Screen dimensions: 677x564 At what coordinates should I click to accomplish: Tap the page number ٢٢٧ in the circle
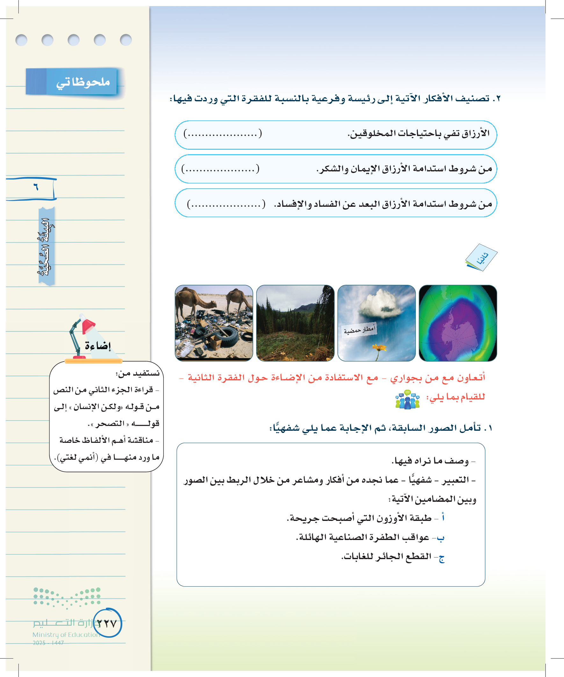pyautogui.click(x=107, y=623)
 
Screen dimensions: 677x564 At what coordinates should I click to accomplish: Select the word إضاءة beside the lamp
pyautogui.click(x=98, y=346)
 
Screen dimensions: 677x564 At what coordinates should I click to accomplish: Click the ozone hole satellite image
pyautogui.click(x=458, y=323)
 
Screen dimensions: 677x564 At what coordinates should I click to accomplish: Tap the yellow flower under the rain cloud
pyautogui.click(x=379, y=348)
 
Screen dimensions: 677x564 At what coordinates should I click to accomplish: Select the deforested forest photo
pyautogui.click(x=295, y=323)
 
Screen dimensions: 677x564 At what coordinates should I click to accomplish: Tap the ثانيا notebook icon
pyautogui.click(x=481, y=258)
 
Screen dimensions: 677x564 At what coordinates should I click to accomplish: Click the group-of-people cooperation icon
pyautogui.click(x=408, y=400)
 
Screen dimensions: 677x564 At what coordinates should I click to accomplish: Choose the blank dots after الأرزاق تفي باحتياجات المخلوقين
pyautogui.click(x=223, y=134)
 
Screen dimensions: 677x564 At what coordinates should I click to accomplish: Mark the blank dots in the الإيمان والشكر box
pyautogui.click(x=221, y=169)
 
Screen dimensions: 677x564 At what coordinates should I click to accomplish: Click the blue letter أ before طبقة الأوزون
pyautogui.click(x=443, y=518)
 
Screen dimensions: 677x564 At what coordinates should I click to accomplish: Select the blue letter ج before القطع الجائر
pyautogui.click(x=441, y=557)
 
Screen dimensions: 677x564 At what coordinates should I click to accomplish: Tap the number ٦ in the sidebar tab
pyautogui.click(x=35, y=187)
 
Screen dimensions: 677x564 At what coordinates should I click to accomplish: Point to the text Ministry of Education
pyautogui.click(x=66, y=634)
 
